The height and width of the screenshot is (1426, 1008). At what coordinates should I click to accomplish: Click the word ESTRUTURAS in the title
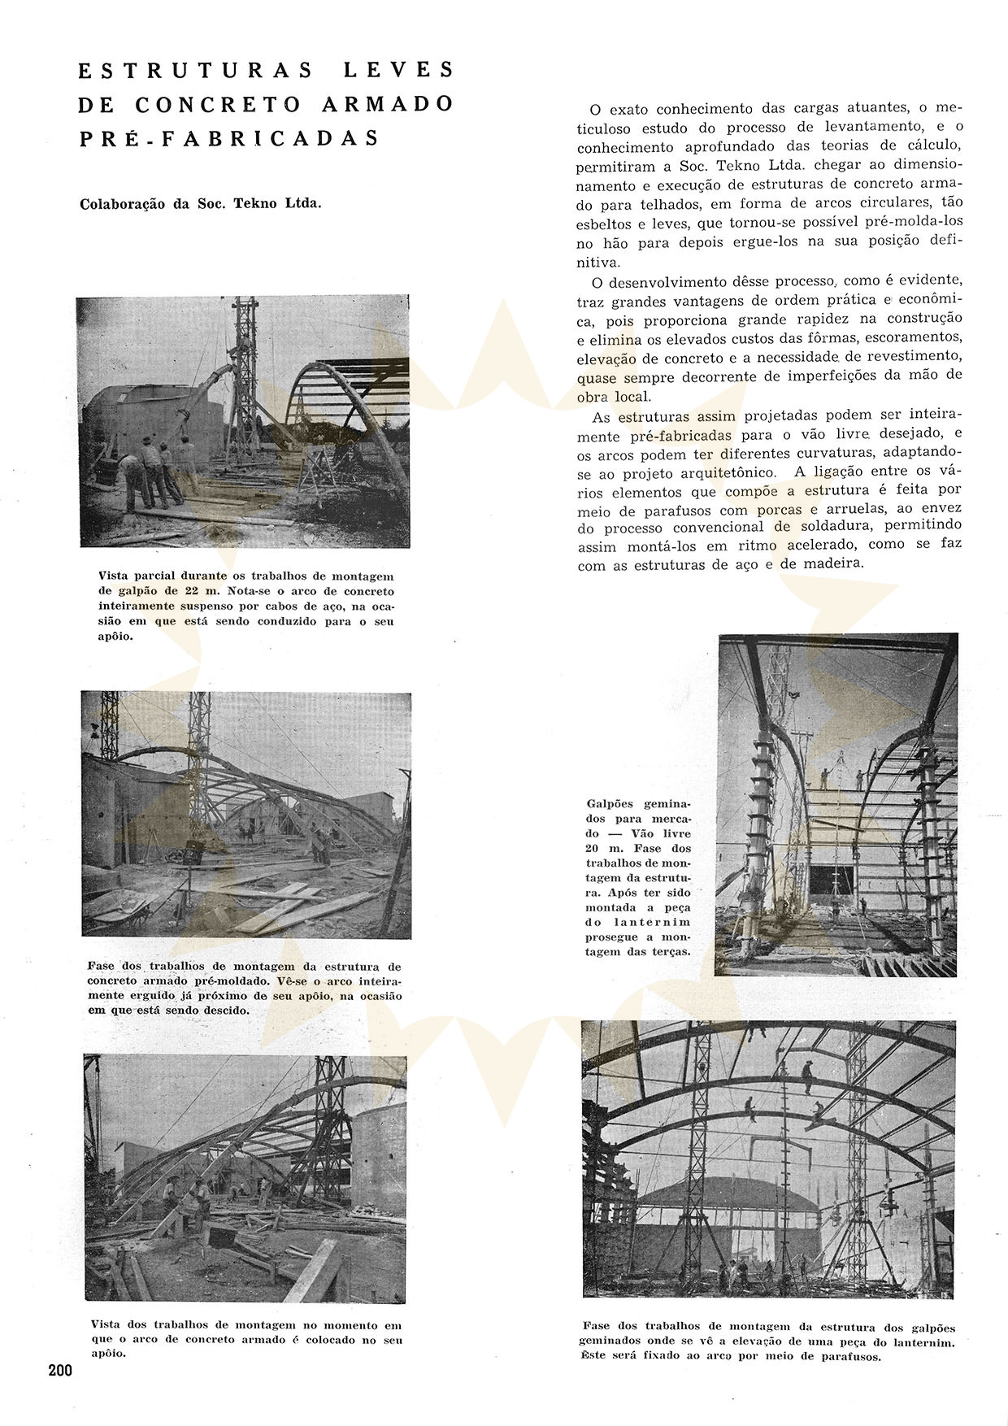(195, 71)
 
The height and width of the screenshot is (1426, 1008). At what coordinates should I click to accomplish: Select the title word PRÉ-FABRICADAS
(229, 138)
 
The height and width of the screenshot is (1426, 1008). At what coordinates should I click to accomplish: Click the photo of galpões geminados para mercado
(837, 805)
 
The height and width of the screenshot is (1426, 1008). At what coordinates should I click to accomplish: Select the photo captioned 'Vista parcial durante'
(243, 420)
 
